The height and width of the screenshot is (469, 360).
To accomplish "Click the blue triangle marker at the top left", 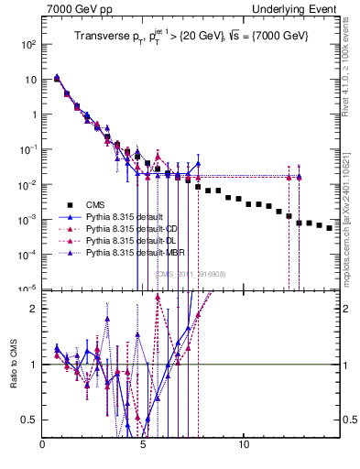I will coord(57,78).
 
